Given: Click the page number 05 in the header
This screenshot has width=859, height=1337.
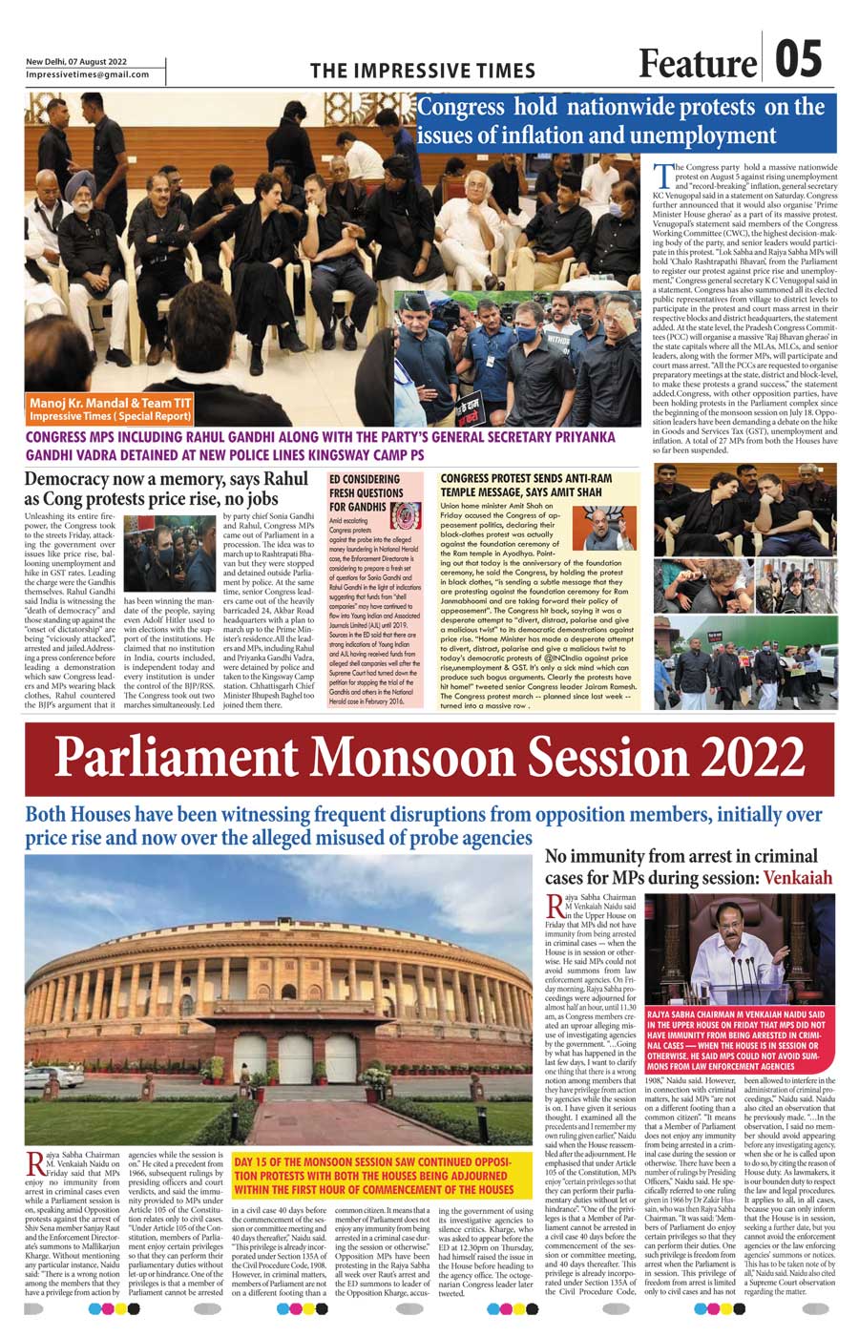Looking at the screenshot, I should pyautogui.click(x=797, y=58).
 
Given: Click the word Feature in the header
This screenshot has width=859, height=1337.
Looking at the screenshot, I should pyautogui.click(x=697, y=63).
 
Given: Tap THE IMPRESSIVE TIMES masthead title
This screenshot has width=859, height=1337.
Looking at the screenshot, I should pyautogui.click(x=423, y=71).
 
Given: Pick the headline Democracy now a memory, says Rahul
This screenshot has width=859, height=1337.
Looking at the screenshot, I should pyautogui.click(x=166, y=488).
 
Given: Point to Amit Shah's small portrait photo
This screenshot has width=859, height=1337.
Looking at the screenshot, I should pyautogui.click(x=609, y=527).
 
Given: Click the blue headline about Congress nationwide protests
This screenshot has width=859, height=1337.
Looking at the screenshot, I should pyautogui.click(x=622, y=120).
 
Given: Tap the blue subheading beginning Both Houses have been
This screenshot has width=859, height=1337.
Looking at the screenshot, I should pyautogui.click(x=423, y=825).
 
